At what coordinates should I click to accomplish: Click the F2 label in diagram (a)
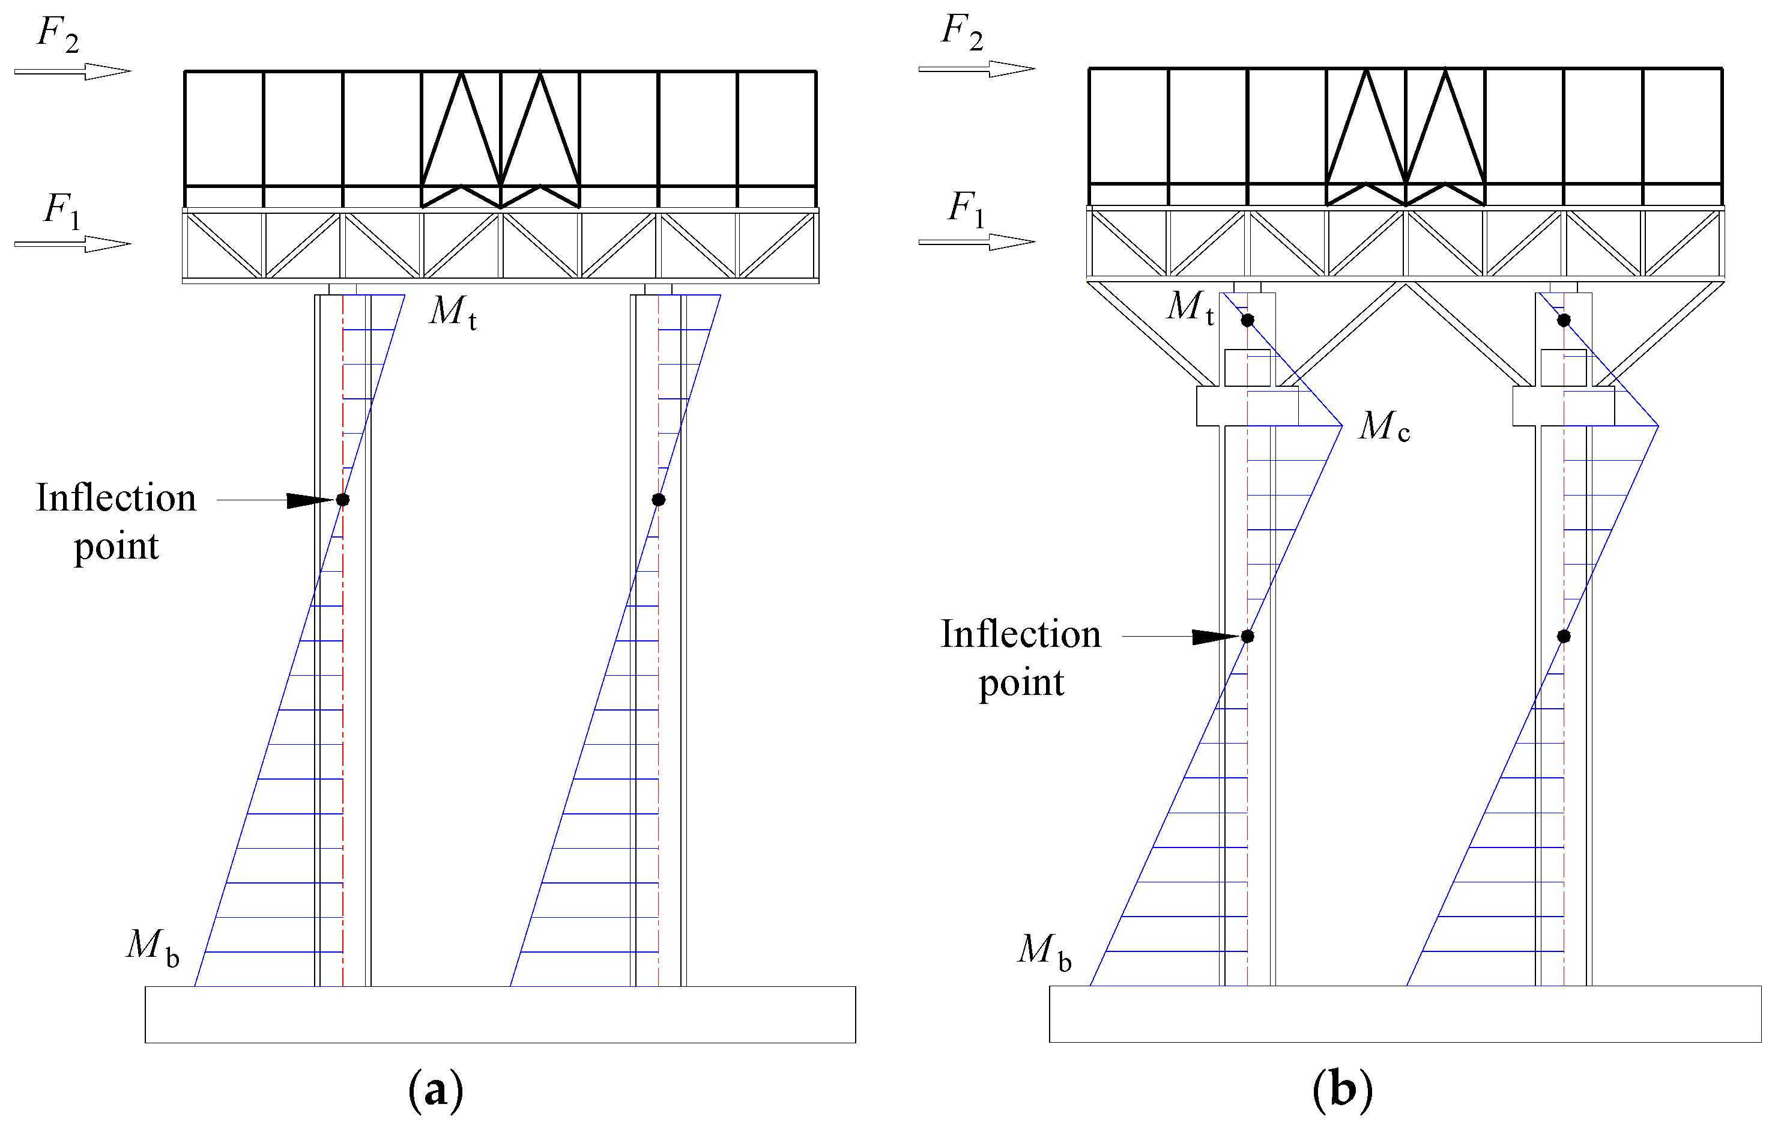[x=58, y=34]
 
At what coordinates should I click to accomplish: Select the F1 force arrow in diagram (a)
[x=72, y=244]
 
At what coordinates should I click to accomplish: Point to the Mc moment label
[x=1383, y=427]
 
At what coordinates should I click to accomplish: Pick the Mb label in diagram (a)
[x=152, y=946]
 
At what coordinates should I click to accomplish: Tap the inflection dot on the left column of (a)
[x=343, y=500]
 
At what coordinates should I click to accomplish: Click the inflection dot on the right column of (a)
[x=659, y=500]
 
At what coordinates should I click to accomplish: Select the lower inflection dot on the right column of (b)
[x=1564, y=636]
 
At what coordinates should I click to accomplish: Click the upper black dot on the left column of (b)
[x=1247, y=320]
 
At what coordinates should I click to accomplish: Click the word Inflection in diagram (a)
[x=116, y=499]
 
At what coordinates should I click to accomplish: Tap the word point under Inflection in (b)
[x=1021, y=683]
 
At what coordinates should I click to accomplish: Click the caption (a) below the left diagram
[x=435, y=1090]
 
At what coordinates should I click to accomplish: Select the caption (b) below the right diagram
[x=1341, y=1089]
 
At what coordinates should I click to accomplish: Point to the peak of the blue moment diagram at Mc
[x=1341, y=425]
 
